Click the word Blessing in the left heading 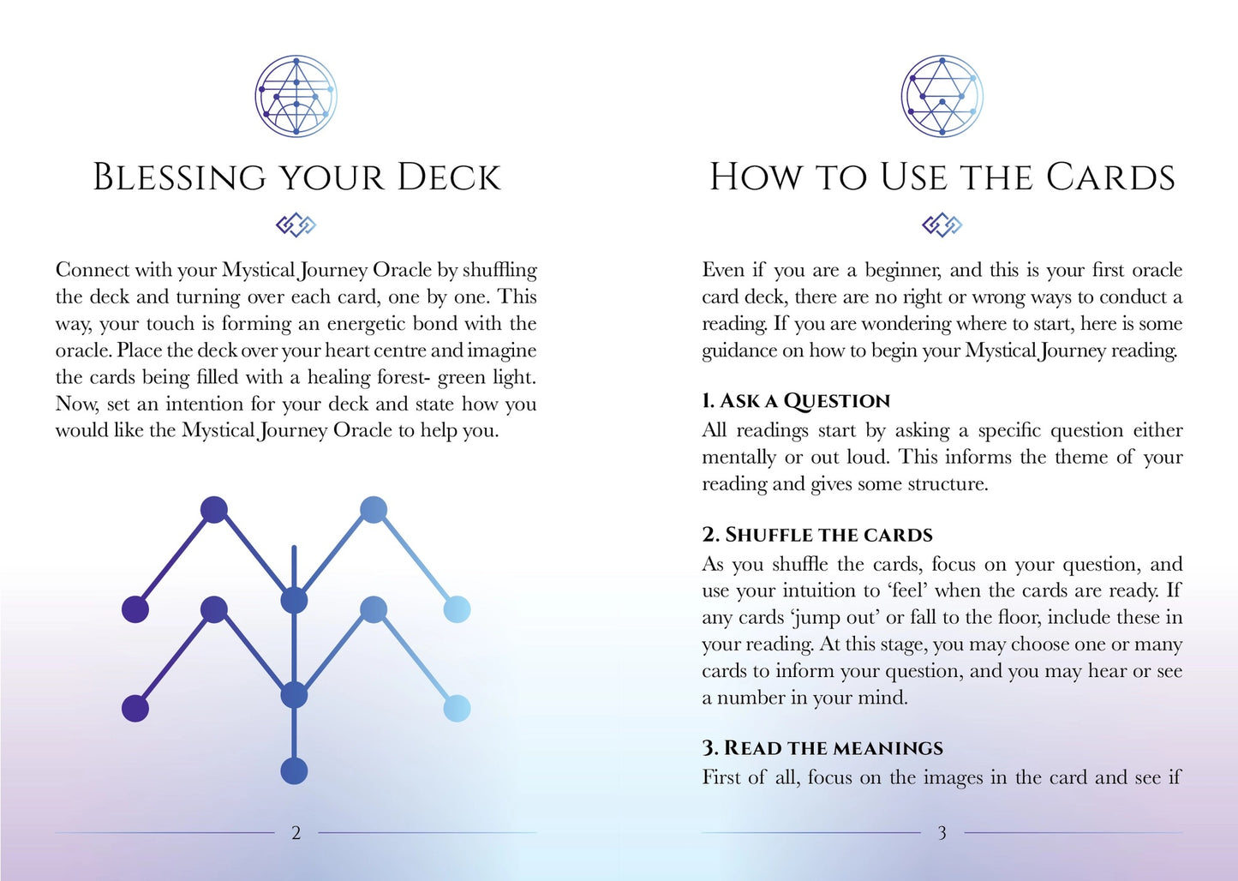click(179, 177)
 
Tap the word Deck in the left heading click(448, 177)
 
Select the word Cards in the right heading click(1110, 177)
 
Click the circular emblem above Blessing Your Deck click(296, 96)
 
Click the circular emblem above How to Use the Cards click(942, 96)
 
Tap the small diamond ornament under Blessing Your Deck click(296, 225)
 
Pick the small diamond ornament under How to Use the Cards click(942, 225)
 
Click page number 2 click(296, 833)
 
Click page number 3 click(942, 833)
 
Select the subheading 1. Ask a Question click(796, 401)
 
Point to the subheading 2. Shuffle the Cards click(816, 535)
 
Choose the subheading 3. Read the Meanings click(822, 748)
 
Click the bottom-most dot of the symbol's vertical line click(294, 770)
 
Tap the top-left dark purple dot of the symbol click(213, 509)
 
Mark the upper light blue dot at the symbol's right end click(457, 609)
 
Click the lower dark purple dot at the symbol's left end click(135, 709)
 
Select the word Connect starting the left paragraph click(92, 270)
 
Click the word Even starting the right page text click(723, 270)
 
